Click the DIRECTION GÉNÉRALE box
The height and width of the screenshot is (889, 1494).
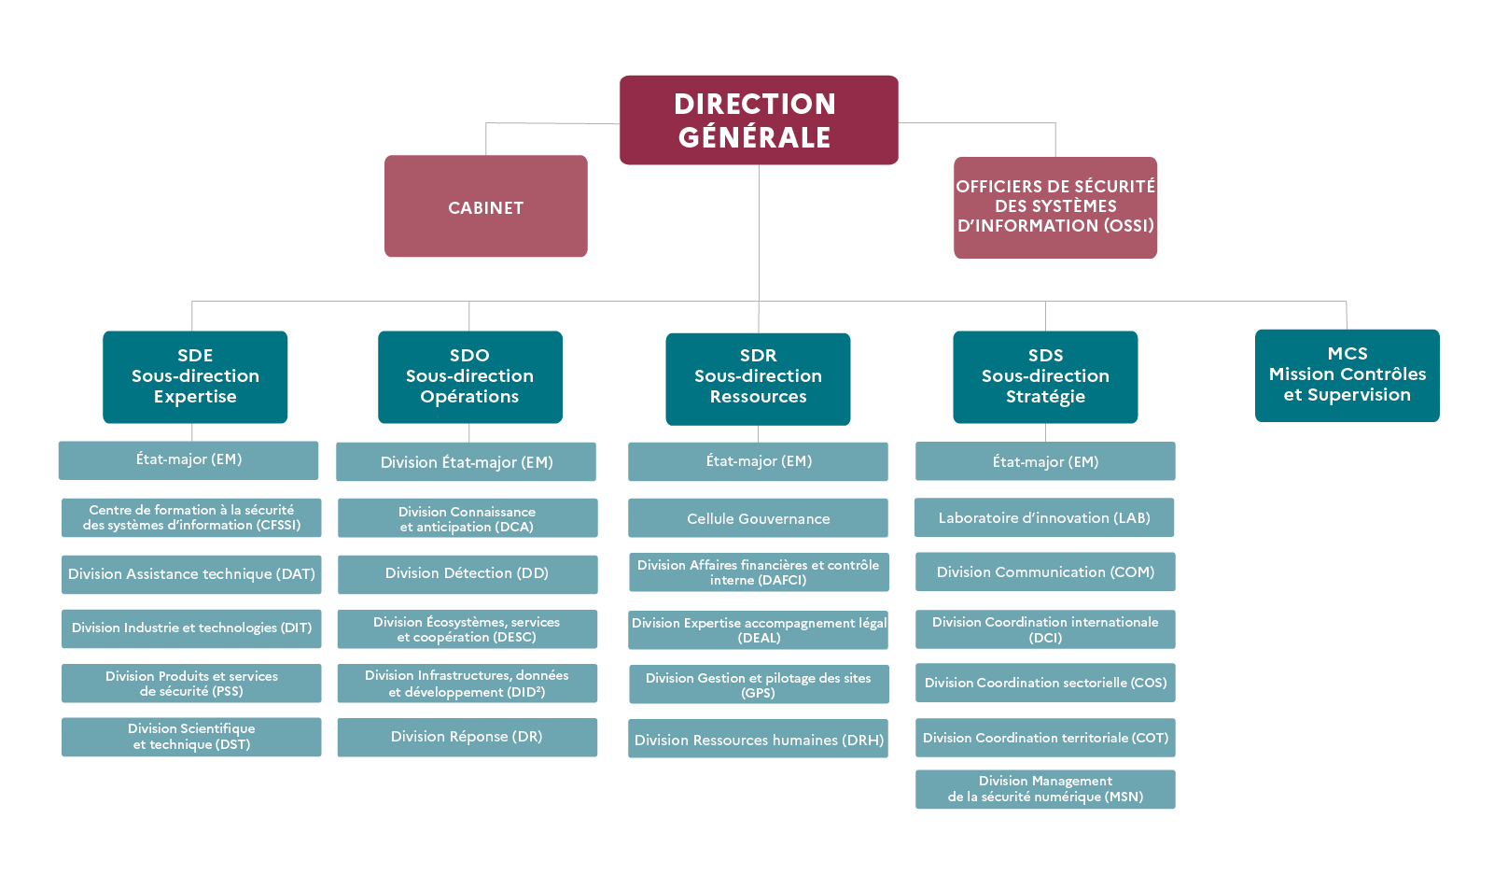pos(759,120)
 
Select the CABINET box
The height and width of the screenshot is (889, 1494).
pos(485,206)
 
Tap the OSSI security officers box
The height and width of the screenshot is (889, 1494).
pos(1054,207)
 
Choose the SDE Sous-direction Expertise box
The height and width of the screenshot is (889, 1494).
pos(195,376)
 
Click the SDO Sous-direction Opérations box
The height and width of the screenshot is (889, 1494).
pos(469,376)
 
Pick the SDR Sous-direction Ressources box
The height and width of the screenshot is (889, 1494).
pos(758,378)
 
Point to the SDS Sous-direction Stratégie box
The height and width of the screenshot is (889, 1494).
pos(1045,376)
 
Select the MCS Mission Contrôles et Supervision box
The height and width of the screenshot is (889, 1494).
pos(1347,374)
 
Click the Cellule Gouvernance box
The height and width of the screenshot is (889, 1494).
pos(758,518)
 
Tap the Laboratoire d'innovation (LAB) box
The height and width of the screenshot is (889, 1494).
pos(1044,517)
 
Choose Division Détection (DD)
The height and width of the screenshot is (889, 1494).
pos(467,573)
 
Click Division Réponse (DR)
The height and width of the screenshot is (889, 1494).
pos(467,737)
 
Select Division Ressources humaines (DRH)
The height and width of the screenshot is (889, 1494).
pos(758,739)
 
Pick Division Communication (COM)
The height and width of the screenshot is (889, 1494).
pos(1045,571)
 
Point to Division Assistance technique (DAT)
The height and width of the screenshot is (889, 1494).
pos(191,574)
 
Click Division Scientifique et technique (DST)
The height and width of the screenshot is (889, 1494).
pos(191,737)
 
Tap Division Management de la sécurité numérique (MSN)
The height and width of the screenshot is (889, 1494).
pos(1045,789)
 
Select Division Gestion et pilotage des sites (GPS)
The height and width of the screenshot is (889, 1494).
pos(758,684)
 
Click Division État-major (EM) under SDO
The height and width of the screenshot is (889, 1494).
pos(466,461)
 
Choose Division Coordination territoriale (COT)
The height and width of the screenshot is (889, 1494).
pos(1045,738)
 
